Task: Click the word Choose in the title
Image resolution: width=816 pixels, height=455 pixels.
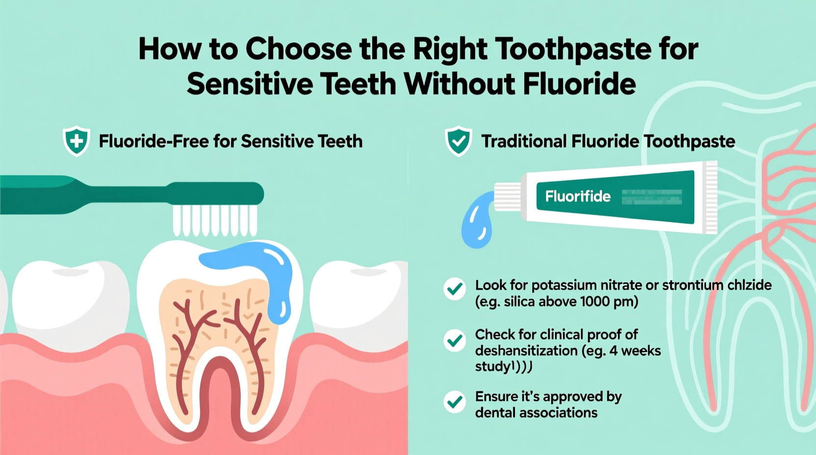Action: point(298,50)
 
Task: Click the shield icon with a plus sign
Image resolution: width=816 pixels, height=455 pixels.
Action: point(76,141)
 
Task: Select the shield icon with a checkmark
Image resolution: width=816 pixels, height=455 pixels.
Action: point(459,141)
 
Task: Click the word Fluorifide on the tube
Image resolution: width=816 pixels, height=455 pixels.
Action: point(578,197)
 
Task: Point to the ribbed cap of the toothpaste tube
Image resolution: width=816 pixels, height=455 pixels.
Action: point(507,197)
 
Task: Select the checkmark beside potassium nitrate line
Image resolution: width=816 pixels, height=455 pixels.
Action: point(455,289)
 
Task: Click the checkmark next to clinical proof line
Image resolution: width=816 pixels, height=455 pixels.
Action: point(455,340)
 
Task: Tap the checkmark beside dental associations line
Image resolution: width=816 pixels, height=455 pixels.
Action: point(455,402)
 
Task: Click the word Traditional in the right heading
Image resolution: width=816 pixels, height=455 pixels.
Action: point(523,142)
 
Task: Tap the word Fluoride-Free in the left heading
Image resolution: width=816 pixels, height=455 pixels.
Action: point(154,142)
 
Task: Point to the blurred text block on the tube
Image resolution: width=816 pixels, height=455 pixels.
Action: point(652,197)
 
